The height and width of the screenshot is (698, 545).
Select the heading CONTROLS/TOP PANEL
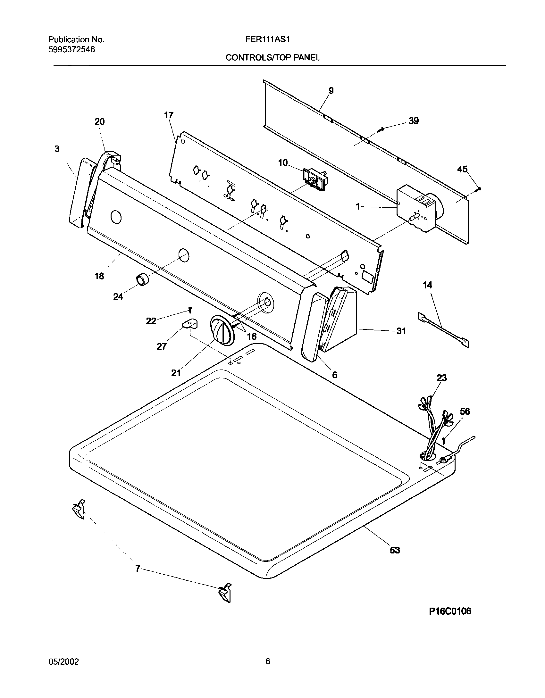pos(273,58)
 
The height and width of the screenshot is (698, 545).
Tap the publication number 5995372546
pos(71,50)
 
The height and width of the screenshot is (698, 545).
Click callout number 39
pos(413,121)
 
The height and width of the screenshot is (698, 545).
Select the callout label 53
pos(395,550)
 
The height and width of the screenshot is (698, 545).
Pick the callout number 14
pos(427,285)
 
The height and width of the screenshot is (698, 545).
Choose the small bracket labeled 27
pos(190,324)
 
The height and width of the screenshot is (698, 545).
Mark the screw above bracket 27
pos(190,309)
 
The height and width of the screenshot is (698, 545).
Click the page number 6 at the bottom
pos(268,661)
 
